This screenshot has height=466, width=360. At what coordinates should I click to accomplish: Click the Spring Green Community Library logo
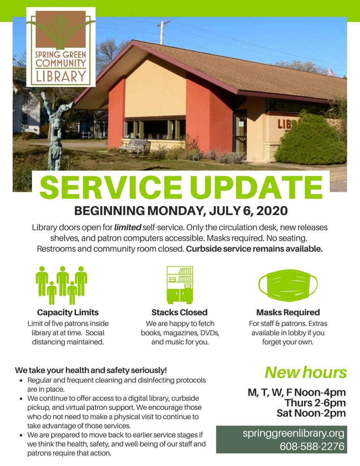(x=61, y=47)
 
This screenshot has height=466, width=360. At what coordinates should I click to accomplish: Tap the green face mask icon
(x=288, y=285)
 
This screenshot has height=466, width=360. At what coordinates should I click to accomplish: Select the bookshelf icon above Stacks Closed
(x=180, y=285)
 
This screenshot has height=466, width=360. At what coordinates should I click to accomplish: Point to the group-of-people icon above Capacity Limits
(x=61, y=285)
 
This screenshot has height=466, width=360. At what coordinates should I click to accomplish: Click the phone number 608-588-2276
(x=312, y=447)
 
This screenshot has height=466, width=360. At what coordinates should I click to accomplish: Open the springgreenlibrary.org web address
(x=294, y=434)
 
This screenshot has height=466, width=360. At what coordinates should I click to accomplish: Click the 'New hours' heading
(x=306, y=373)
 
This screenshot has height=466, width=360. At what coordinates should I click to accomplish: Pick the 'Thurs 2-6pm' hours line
(x=315, y=403)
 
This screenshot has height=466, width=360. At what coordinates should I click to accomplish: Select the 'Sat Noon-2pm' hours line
(x=311, y=413)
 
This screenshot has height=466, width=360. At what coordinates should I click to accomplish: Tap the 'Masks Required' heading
(x=288, y=313)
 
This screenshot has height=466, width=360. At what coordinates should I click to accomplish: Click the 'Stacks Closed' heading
(x=179, y=313)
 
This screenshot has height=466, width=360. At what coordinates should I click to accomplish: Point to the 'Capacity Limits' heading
(x=68, y=313)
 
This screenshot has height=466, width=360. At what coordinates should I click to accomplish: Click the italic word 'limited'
(x=128, y=227)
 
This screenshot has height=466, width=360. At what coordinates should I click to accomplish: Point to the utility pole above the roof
(x=163, y=32)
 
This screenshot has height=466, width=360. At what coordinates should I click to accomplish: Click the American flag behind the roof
(x=332, y=71)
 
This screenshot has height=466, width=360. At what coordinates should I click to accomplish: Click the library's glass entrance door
(x=240, y=134)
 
